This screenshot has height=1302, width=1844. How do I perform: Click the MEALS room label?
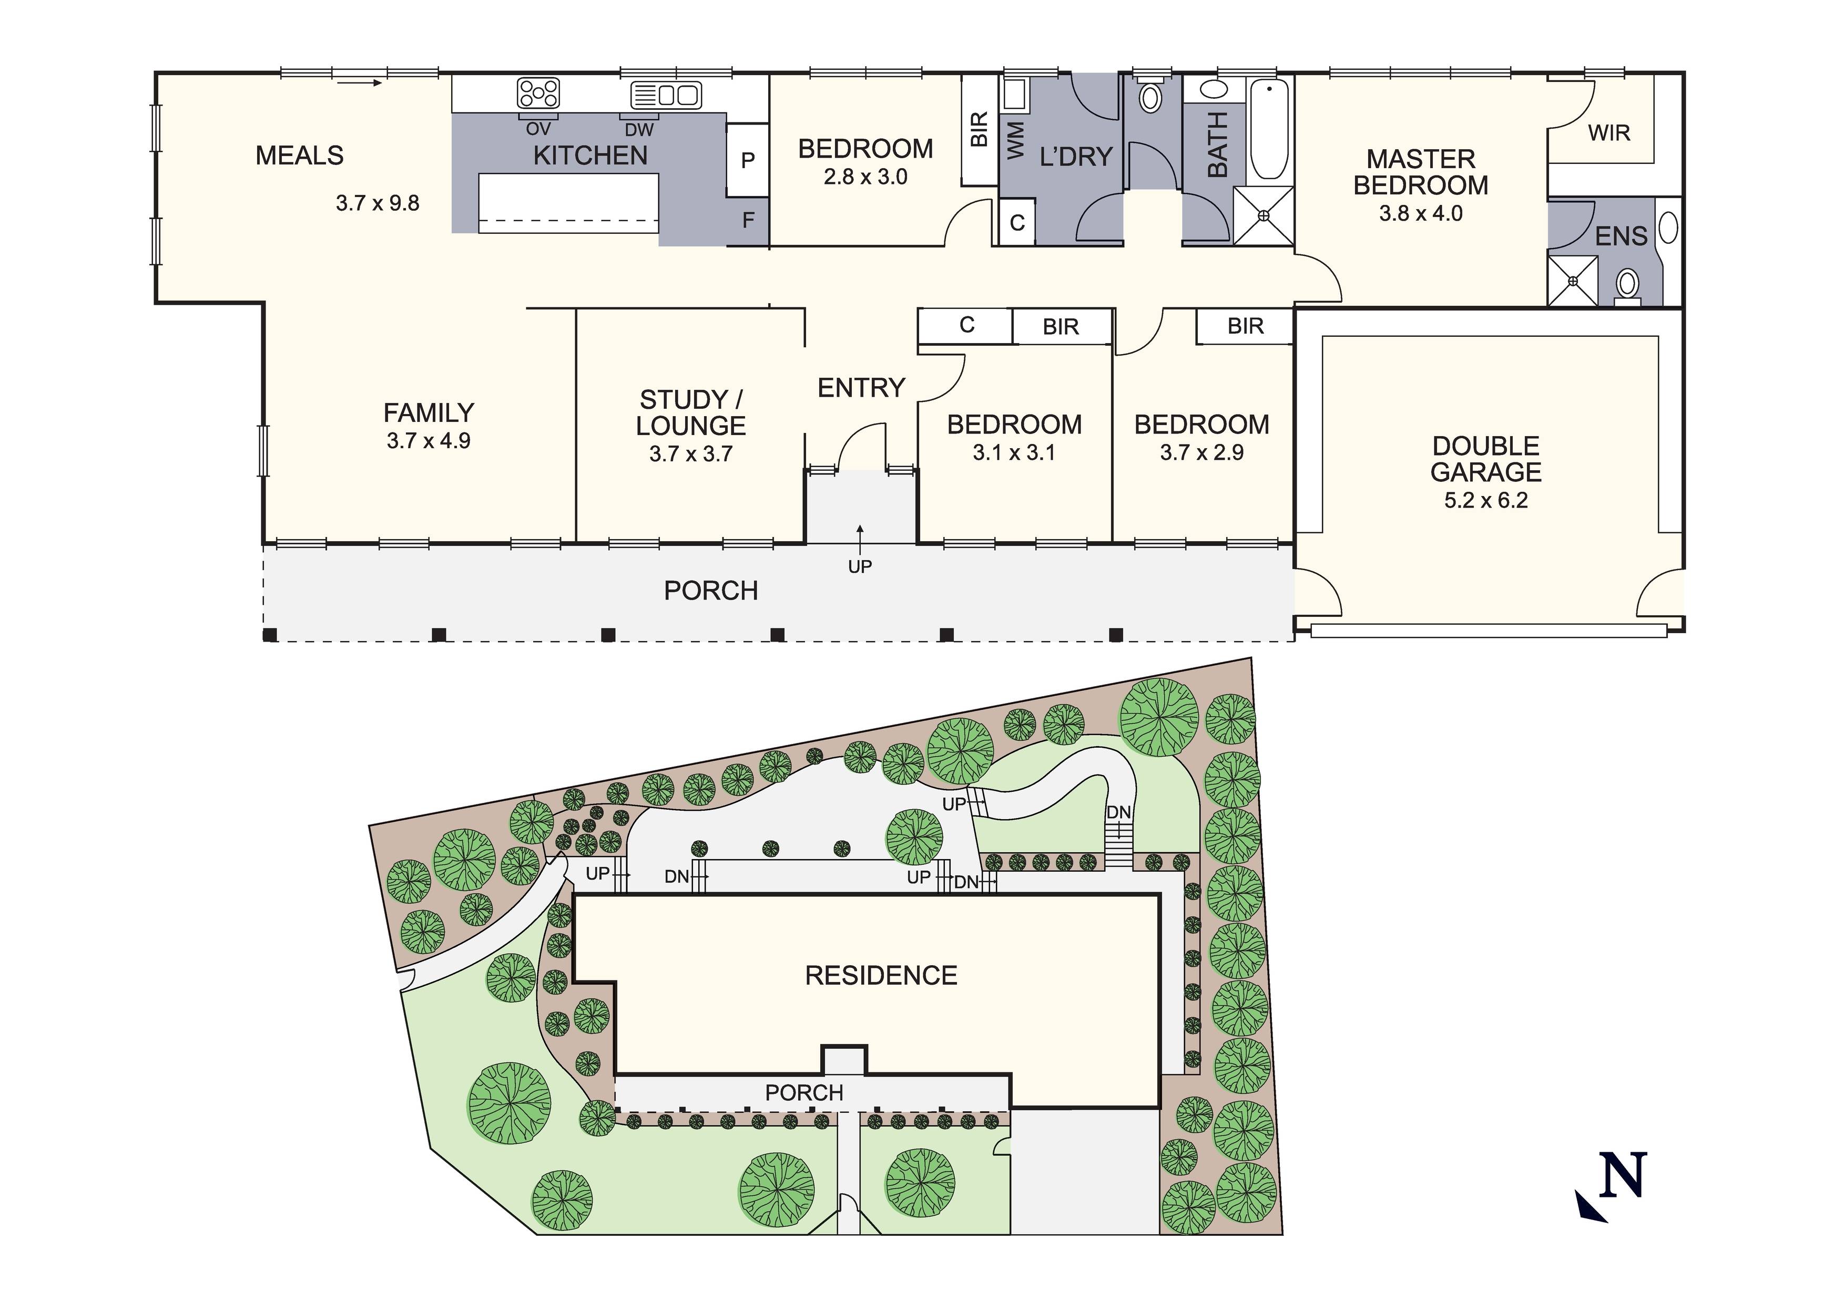pyautogui.click(x=300, y=155)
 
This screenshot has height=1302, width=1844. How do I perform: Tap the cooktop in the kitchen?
pyautogui.click(x=538, y=92)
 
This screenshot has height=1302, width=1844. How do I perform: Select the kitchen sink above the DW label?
pyautogui.click(x=666, y=95)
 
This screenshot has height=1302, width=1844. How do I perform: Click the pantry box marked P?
pyautogui.click(x=748, y=160)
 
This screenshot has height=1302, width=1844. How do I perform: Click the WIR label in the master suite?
pyautogui.click(x=1608, y=133)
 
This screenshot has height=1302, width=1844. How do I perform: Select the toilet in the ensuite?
pyautogui.click(x=1627, y=286)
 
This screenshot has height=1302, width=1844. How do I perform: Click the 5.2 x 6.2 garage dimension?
pyautogui.click(x=1486, y=500)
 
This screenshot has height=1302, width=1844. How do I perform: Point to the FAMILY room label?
pyautogui.click(x=429, y=412)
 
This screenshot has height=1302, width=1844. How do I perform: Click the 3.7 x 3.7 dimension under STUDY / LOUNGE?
pyautogui.click(x=691, y=453)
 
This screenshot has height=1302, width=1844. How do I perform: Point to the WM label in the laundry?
pyautogui.click(x=1016, y=140)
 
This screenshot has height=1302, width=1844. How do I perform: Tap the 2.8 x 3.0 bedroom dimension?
pyautogui.click(x=865, y=177)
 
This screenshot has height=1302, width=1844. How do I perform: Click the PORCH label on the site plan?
pyautogui.click(x=804, y=1092)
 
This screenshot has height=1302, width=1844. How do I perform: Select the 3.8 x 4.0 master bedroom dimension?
pyautogui.click(x=1421, y=213)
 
